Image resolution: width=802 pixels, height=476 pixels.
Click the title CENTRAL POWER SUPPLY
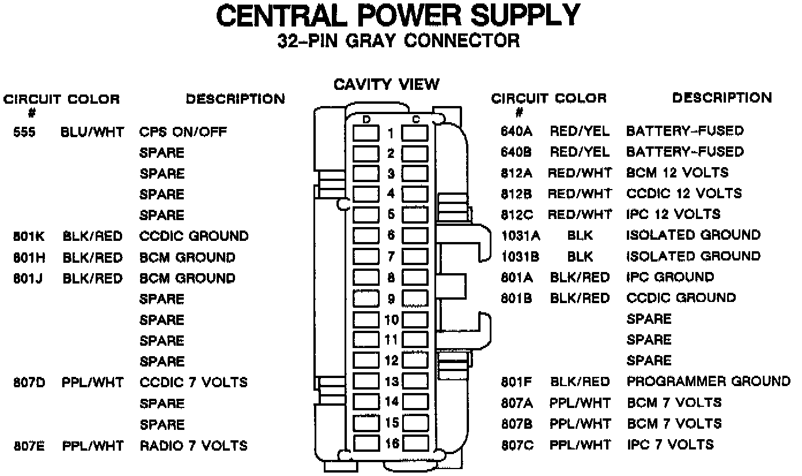coord(398,16)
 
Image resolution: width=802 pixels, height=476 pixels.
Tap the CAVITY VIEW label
coord(387,85)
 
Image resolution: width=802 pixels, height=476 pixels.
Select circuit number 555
coord(24,132)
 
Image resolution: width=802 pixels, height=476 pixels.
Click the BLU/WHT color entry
coord(92,132)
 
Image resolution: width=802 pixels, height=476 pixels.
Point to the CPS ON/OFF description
coord(183,132)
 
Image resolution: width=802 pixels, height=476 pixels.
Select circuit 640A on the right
coord(517,131)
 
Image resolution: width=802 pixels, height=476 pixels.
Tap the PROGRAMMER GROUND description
coord(708,381)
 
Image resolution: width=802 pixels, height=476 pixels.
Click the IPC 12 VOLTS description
coord(673,214)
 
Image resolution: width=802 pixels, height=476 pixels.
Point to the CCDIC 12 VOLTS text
coord(684,194)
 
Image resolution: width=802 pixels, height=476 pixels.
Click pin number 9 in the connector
coord(391,299)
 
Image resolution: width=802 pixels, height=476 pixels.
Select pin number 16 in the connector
coord(391,444)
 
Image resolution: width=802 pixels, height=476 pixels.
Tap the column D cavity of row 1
coord(366,134)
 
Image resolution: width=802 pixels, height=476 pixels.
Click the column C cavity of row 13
coord(415,381)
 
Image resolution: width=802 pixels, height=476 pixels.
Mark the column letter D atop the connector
coord(366,119)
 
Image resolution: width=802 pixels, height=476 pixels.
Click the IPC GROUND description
coord(669,277)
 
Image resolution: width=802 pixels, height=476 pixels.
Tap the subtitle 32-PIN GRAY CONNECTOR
coord(398,41)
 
